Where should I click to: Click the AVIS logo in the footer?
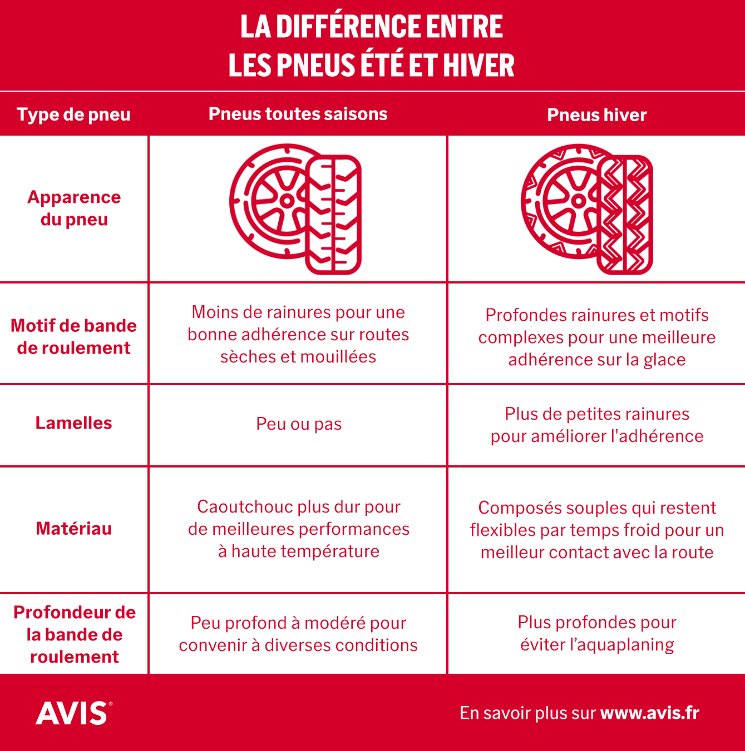pos(73,713)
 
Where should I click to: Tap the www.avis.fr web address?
pos(649,713)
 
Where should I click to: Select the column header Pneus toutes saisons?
pos(298,114)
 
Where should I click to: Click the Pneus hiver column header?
pos(596,115)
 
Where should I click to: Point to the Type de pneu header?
pos(73,115)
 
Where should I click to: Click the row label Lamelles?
pos(73,423)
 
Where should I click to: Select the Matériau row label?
pos(73,529)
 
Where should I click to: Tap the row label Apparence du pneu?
pos(73,208)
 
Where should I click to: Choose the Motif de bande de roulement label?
pos(73,337)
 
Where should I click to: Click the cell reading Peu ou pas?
pos(299,424)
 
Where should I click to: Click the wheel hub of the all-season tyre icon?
pos(287,201)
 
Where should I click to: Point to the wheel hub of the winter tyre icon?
pos(579,201)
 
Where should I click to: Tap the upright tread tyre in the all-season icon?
pos(334,215)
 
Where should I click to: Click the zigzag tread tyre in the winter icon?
pos(625,215)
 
